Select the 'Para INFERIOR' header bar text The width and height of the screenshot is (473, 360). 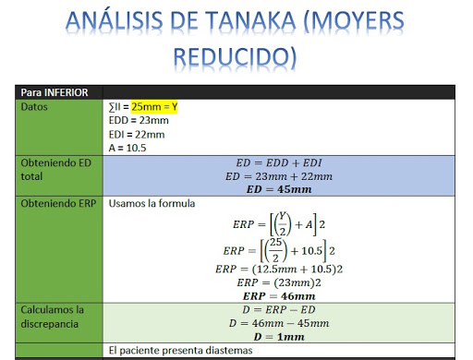55,92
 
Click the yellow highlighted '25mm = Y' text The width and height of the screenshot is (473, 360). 154,107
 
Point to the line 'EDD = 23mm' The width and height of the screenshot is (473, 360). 138,121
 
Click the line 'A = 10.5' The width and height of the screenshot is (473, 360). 127,148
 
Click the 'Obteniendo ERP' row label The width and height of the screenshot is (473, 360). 58,202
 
